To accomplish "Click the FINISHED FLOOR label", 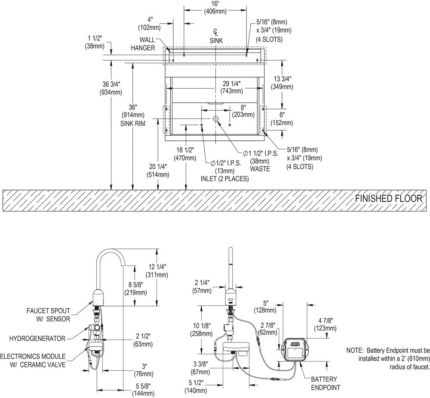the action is (x=389, y=198).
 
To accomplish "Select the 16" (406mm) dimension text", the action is (x=215, y=8).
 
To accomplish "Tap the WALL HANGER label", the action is (x=143, y=44).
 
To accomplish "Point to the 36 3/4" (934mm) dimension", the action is (x=111, y=88).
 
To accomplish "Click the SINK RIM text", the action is (x=133, y=124).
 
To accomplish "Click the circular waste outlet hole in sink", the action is (x=216, y=118).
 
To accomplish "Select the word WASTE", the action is (x=260, y=169).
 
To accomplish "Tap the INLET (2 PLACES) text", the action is (x=224, y=179).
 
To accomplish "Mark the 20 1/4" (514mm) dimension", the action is (x=158, y=170).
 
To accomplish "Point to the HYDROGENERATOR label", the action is (x=37, y=339).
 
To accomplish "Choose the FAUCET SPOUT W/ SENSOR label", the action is (x=48, y=315).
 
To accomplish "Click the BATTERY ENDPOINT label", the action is (x=326, y=383).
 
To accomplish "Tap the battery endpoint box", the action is (x=295, y=349).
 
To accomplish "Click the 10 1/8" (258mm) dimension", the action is (x=202, y=330).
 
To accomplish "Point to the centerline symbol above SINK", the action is (x=216, y=32).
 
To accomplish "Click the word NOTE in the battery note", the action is (x=354, y=351).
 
